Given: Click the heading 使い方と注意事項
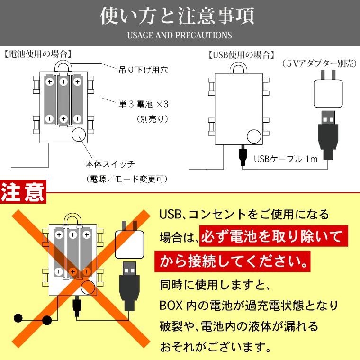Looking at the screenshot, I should click(180, 15).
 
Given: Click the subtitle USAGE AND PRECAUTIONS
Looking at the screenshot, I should click(180, 35).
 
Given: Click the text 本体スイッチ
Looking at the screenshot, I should click(110, 164).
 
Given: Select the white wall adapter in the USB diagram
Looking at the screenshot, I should click(327, 93).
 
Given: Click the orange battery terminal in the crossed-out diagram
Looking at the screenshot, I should click(73, 271).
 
